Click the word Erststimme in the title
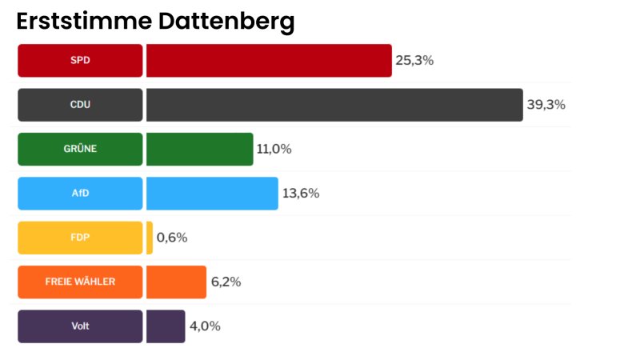click(83, 22)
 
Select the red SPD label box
click(80, 61)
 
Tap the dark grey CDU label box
click(80, 105)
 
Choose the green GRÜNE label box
click(80, 150)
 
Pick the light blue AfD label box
click(80, 194)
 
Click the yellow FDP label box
click(80, 238)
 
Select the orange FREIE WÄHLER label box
click(80, 282)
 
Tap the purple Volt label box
click(80, 326)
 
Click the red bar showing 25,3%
click(269, 61)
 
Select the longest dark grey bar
click(334, 105)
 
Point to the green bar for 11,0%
click(199, 150)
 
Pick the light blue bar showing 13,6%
click(212, 194)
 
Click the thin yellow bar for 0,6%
click(150, 238)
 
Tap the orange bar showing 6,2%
click(176, 282)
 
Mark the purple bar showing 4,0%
click(166, 326)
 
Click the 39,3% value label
click(546, 105)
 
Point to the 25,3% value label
click(414, 61)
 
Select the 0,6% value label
click(172, 238)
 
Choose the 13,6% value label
click(301, 194)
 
